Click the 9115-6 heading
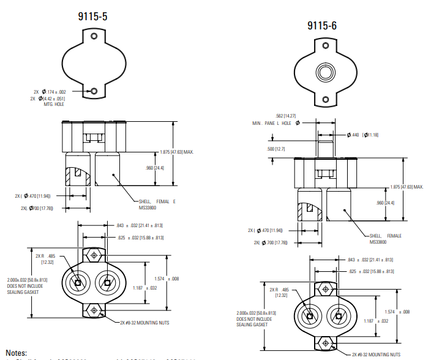point(322,26)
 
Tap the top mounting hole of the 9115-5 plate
point(94,37)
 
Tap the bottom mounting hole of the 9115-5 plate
point(94,91)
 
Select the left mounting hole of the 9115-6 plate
point(323,46)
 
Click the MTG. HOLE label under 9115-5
point(51,104)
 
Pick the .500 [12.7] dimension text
point(276,149)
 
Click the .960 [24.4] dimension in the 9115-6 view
point(384,203)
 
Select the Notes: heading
point(17,353)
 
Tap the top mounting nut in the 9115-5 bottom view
point(94,255)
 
